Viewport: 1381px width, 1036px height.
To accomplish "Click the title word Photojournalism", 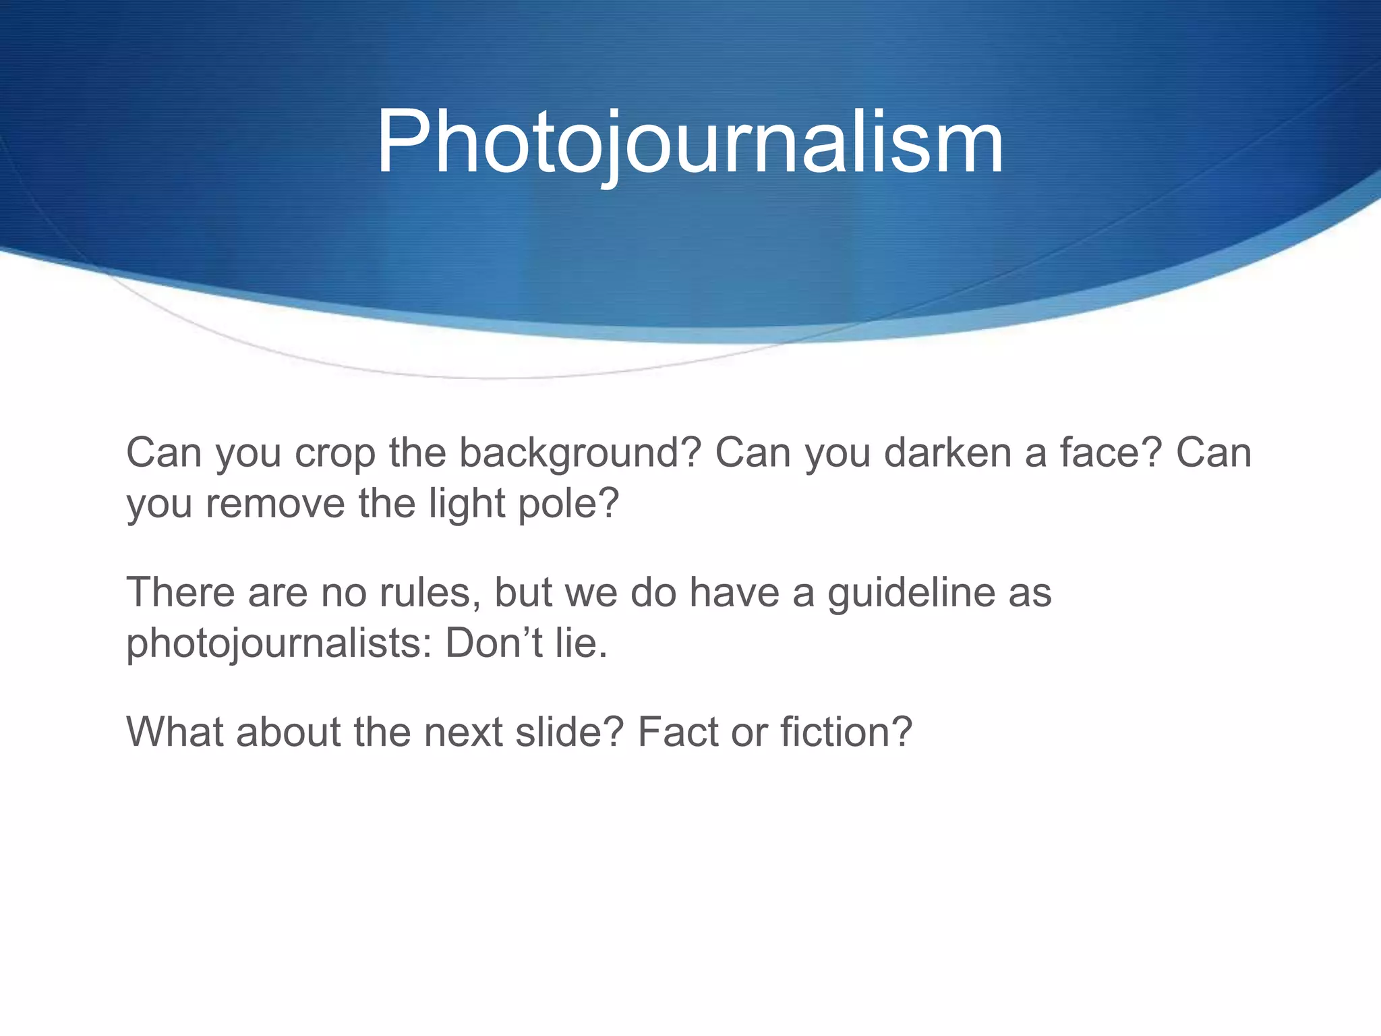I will click(689, 143).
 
